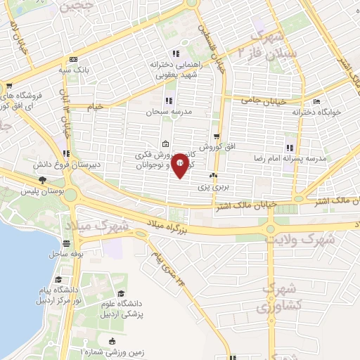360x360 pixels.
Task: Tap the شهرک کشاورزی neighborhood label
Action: (x=274, y=297)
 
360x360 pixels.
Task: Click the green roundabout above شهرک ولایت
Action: (x=271, y=228)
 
